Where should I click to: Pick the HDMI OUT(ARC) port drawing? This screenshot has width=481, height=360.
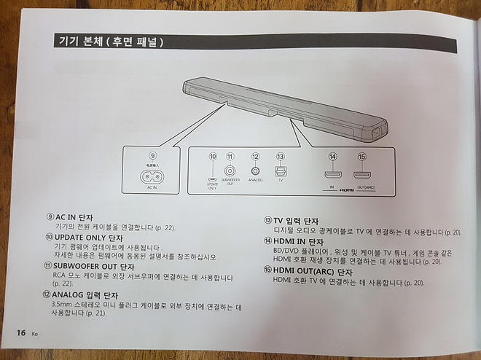point(362,175)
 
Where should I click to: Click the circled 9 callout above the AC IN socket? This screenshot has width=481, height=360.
point(152,154)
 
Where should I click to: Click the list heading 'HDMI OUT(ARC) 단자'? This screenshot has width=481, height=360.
point(313,271)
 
